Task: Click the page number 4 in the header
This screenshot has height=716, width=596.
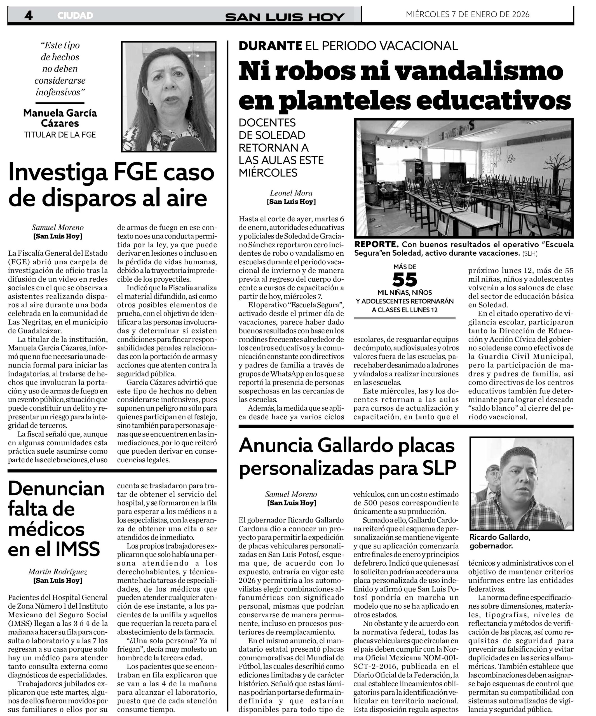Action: [x=28, y=15]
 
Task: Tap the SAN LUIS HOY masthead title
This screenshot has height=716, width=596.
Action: [x=285, y=17]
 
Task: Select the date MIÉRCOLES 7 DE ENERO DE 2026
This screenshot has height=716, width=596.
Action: [x=467, y=14]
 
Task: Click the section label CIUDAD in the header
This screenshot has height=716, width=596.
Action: [x=75, y=15]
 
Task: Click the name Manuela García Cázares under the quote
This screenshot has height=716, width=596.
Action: [x=60, y=118]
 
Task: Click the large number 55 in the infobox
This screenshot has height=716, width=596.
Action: [x=405, y=280]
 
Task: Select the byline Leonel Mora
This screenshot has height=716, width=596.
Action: [x=291, y=193]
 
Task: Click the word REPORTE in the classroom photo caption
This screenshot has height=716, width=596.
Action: [x=376, y=244]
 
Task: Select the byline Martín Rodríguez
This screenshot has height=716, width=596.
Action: [x=58, y=572]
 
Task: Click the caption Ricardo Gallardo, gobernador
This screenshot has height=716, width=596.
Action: [x=500, y=541]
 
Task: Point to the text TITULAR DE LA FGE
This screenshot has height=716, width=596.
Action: [x=60, y=135]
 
